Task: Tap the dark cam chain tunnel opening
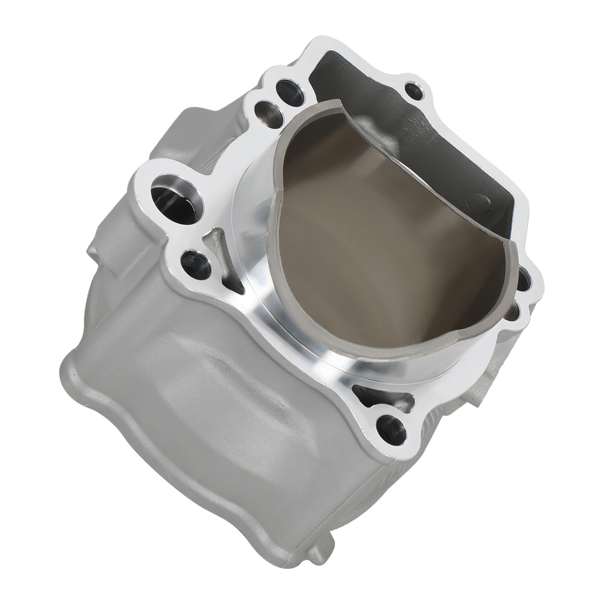pos(423,139)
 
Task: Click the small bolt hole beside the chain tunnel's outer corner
pos(414,91)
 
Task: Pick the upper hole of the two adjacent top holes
pos(289,92)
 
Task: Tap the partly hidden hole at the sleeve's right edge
pos(523,279)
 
